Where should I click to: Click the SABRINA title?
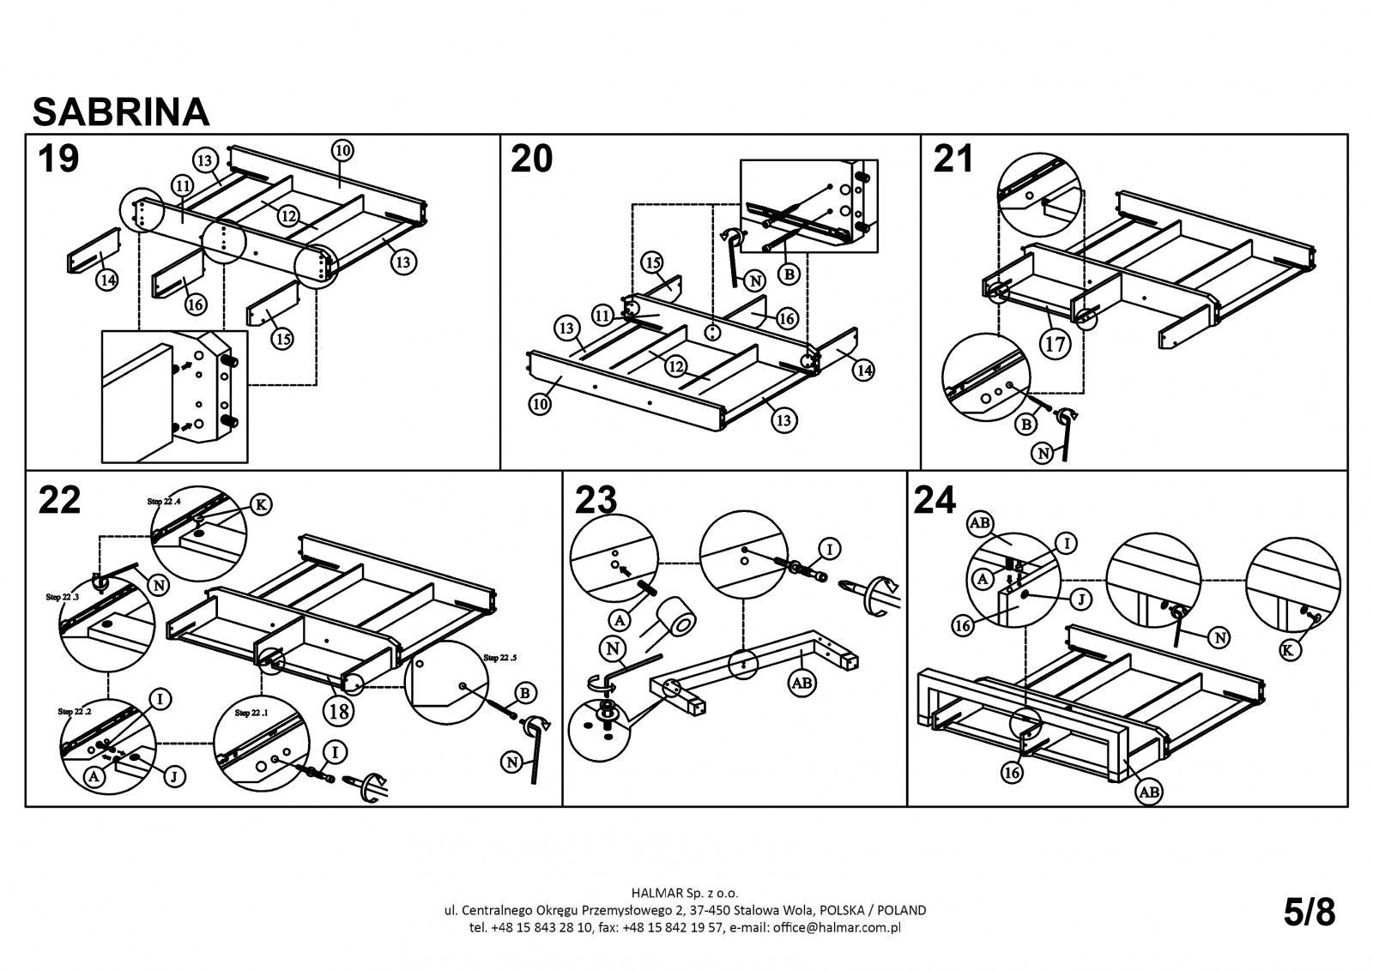coord(120,111)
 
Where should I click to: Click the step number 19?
coord(58,159)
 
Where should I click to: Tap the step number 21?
coord(953,159)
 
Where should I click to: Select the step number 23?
coord(596,500)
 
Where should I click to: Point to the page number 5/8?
coord(1309,913)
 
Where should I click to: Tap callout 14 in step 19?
coord(106,280)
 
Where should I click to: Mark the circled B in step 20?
coord(789,274)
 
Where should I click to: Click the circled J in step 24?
coord(1081,599)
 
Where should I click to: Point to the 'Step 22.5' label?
coord(503,658)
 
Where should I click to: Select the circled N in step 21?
coord(1042,454)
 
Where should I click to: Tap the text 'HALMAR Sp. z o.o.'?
coord(686,893)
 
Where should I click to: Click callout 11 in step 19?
coord(181,184)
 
